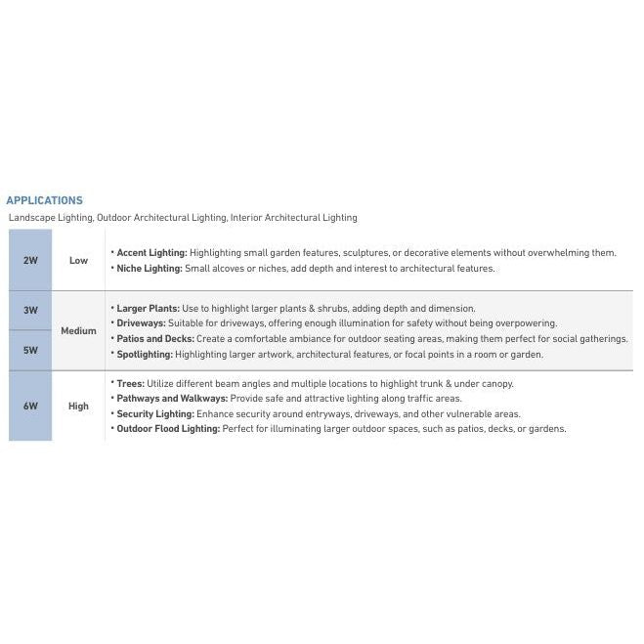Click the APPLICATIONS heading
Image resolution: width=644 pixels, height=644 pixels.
tap(44, 200)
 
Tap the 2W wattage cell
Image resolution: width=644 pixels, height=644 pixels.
tap(30, 261)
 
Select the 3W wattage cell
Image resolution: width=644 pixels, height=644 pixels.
tap(30, 311)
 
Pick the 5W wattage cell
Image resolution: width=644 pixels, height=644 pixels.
tap(30, 350)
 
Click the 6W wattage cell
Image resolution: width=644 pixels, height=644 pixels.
tap(30, 407)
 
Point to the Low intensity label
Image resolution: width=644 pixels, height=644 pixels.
tap(78, 261)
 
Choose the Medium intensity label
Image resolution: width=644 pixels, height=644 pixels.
tap(78, 330)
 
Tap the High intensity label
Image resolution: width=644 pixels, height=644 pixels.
tap(78, 407)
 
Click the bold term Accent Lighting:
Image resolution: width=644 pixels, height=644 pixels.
tap(151, 252)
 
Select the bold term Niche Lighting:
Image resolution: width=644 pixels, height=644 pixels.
tap(149, 268)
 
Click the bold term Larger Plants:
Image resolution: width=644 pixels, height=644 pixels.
tap(148, 308)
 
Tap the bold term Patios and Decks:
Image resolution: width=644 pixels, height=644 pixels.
tap(155, 338)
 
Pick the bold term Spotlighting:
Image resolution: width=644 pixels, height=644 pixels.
tap(145, 354)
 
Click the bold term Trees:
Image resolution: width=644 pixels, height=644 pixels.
tap(130, 383)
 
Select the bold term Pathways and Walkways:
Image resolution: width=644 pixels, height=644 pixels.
tap(172, 399)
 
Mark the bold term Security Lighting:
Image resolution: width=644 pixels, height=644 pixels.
tap(154, 413)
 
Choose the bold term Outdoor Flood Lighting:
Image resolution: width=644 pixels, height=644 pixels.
tap(168, 429)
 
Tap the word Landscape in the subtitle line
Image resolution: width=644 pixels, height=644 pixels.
tap(31, 218)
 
